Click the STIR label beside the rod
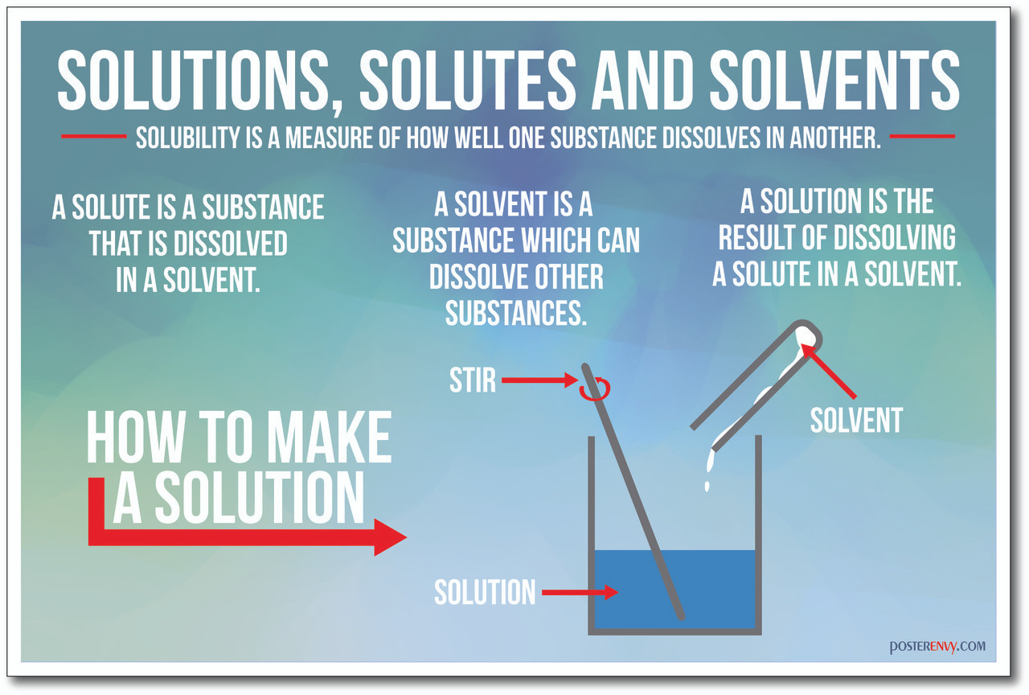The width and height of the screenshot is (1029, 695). coord(473,380)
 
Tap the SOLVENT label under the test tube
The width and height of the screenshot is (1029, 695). coord(856,420)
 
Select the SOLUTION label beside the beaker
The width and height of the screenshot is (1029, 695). coord(485,592)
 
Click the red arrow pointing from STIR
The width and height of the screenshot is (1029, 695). coord(539,380)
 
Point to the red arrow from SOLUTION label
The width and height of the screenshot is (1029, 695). coord(580,592)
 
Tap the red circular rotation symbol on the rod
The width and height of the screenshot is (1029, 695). coord(596,389)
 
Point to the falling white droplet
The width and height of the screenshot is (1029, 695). coord(707,486)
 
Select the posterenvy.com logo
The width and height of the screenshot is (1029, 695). coord(937,646)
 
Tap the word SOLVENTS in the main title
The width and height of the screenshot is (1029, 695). coord(834,81)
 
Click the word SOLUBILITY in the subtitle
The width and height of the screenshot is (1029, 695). coord(189,138)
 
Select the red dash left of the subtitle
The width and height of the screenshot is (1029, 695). coord(94,136)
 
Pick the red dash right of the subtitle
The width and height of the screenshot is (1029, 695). coord(922,136)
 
